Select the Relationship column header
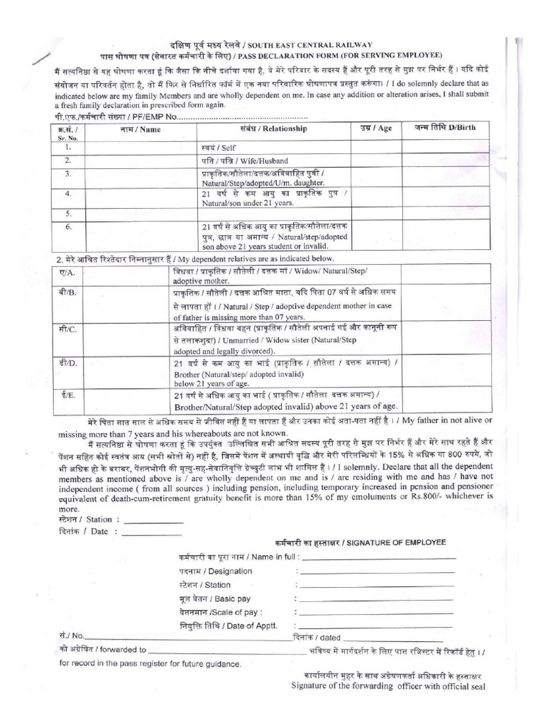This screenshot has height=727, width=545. pos(273,129)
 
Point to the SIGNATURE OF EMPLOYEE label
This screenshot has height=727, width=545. pos(358,542)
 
